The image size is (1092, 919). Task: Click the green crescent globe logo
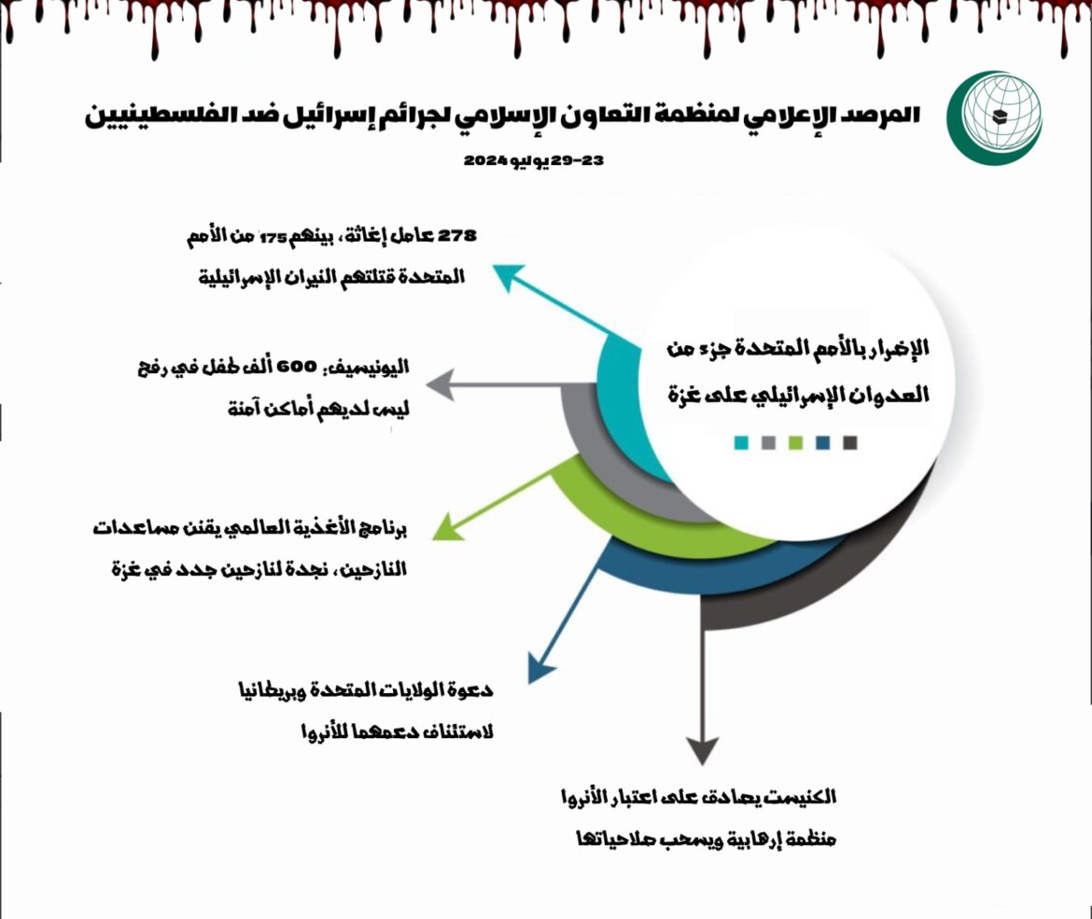[x=994, y=118]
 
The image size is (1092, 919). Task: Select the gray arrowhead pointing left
[x=441, y=385]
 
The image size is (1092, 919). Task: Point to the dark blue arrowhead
[x=540, y=668]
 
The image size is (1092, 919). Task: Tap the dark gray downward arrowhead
[x=703, y=750]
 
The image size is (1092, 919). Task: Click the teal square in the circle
[x=742, y=443]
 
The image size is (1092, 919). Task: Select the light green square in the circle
[x=796, y=443]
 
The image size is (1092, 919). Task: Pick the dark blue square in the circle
[x=823, y=443]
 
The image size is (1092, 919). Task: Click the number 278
[x=456, y=235]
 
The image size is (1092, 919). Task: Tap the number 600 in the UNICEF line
[x=297, y=367]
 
